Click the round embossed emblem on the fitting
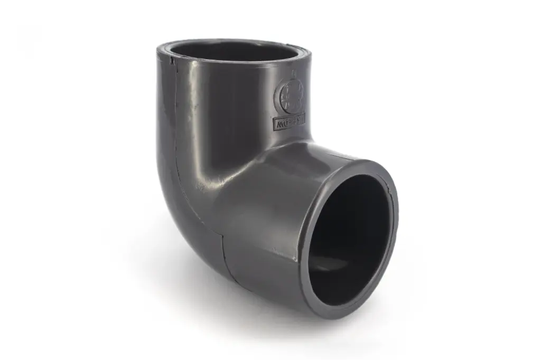291,97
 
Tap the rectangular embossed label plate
290,124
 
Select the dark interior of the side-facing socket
349,238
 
